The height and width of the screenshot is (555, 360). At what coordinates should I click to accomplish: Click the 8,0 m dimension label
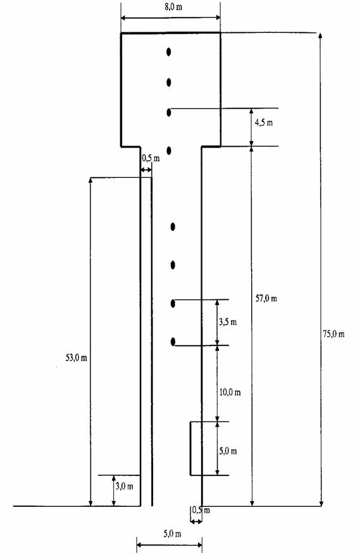[x=173, y=7]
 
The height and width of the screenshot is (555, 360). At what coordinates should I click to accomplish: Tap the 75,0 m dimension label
[x=333, y=334]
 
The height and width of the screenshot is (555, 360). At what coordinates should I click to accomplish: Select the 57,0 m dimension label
[x=266, y=298]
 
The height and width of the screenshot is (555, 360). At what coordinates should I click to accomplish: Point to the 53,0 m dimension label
[x=76, y=358]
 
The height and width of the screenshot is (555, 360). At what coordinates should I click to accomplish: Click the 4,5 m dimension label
[x=264, y=123]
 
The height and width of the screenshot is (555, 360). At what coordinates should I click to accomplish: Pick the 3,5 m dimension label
[x=228, y=321]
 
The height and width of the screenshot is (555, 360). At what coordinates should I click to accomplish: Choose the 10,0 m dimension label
[x=230, y=392]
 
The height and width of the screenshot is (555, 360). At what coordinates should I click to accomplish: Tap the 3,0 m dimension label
[x=124, y=486]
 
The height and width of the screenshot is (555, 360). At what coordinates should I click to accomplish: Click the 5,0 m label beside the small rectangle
[x=228, y=451]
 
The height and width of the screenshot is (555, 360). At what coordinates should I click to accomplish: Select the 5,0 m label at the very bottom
[x=172, y=533]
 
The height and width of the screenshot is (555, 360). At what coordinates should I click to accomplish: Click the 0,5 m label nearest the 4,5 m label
[x=151, y=158]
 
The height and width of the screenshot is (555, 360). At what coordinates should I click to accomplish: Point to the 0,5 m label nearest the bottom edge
[x=201, y=510]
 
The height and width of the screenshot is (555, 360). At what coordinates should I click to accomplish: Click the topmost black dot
[x=169, y=52]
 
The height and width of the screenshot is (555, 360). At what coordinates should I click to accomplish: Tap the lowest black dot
[x=173, y=342]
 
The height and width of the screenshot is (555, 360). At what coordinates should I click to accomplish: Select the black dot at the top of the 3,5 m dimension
[x=173, y=303]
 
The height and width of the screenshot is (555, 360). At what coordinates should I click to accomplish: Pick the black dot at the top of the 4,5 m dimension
[x=169, y=113]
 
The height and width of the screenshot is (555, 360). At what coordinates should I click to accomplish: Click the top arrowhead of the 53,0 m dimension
[x=90, y=180]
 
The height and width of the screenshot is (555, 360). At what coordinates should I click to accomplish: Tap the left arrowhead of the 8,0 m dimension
[x=124, y=18]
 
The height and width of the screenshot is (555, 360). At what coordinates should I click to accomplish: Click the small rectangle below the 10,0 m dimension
[x=190, y=448]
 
